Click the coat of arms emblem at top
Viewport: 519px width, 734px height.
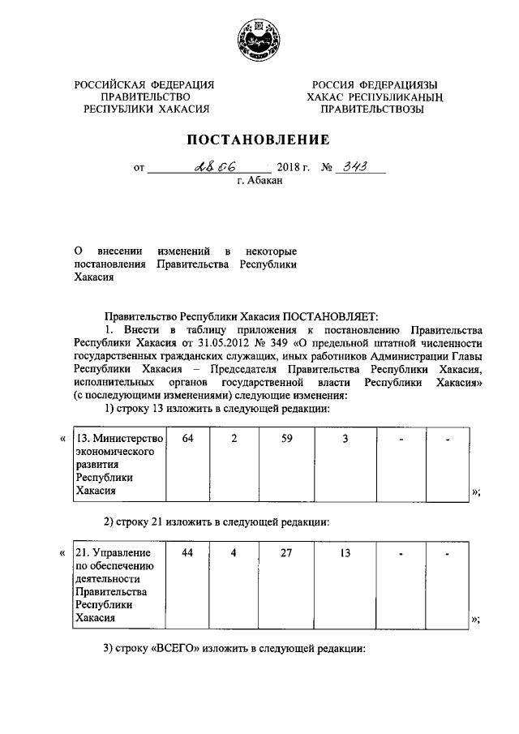[x=259, y=40]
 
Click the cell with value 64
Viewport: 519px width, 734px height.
[x=188, y=439]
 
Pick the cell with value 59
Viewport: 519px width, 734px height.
[x=275, y=439]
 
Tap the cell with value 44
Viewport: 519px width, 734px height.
[x=188, y=553]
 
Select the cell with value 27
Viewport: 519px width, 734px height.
[x=275, y=553]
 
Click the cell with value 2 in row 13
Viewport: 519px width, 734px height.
[x=234, y=439]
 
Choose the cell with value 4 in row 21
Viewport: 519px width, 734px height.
[x=234, y=553]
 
